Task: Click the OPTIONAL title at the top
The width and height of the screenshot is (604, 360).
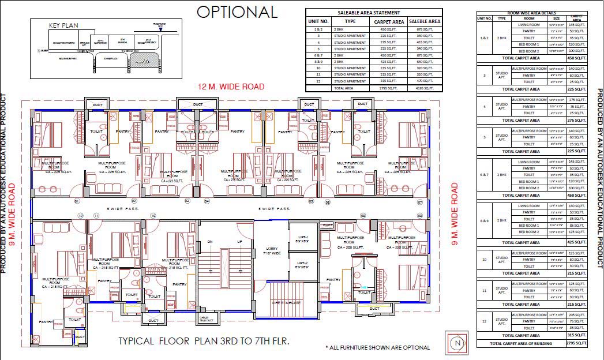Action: (237, 12)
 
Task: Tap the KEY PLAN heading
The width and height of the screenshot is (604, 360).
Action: (63, 25)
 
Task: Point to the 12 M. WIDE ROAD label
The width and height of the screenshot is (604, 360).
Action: (231, 87)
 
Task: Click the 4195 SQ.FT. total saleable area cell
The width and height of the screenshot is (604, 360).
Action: (425, 88)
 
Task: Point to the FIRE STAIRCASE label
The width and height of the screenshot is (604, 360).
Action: (287, 302)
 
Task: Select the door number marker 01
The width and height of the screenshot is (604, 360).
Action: (76, 201)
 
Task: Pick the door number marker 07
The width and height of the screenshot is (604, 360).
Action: (419, 202)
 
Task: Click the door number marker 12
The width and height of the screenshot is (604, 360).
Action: (81, 216)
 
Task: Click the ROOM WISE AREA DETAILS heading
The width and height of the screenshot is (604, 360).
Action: (531, 12)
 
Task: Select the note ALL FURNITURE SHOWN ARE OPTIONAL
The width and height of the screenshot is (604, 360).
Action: (377, 347)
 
